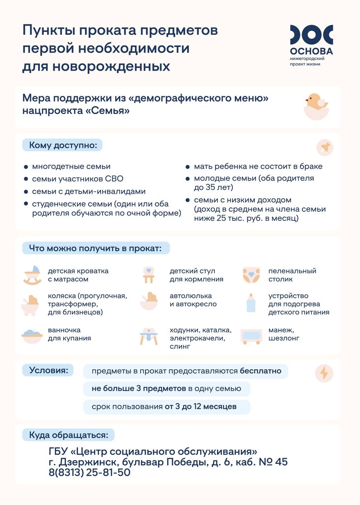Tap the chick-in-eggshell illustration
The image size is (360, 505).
316,106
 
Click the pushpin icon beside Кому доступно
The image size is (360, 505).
324,148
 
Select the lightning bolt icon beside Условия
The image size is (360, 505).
324,373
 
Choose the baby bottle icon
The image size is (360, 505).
251,303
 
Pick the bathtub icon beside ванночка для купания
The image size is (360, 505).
32,335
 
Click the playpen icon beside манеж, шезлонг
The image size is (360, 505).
251,337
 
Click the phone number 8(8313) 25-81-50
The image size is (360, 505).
89,472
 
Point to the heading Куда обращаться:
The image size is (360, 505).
68,435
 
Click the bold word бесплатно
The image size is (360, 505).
261,371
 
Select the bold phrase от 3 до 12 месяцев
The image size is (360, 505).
201,407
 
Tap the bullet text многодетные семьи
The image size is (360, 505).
71,166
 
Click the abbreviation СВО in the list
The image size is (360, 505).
114,179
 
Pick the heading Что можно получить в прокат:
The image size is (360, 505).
95,249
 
